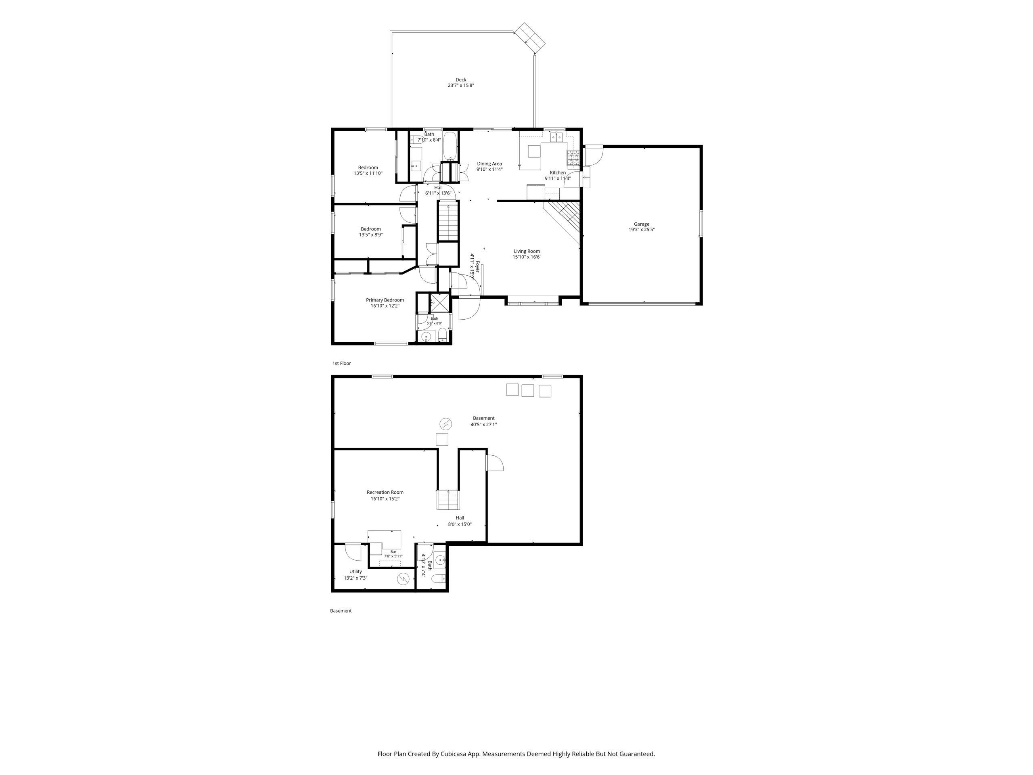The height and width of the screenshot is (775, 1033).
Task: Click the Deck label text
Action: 461,80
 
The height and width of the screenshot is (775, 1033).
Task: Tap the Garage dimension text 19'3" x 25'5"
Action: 641,230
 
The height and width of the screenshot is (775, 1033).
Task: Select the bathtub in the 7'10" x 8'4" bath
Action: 450,146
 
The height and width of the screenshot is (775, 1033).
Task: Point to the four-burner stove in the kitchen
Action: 573,158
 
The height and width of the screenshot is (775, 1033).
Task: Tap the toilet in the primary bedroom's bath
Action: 443,336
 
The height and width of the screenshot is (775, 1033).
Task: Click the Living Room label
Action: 527,251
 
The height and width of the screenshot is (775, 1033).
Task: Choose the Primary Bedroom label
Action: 385,300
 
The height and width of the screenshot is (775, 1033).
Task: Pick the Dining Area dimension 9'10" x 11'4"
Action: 489,170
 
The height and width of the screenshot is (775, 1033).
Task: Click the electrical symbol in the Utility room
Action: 403,579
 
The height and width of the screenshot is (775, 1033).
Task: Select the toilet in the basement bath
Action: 439,580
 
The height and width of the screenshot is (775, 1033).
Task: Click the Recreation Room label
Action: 385,492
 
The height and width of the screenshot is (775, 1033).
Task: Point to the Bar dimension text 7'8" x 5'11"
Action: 393,556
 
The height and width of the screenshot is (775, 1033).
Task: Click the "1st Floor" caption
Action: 341,363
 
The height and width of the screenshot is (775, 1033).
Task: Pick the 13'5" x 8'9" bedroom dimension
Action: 371,235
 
